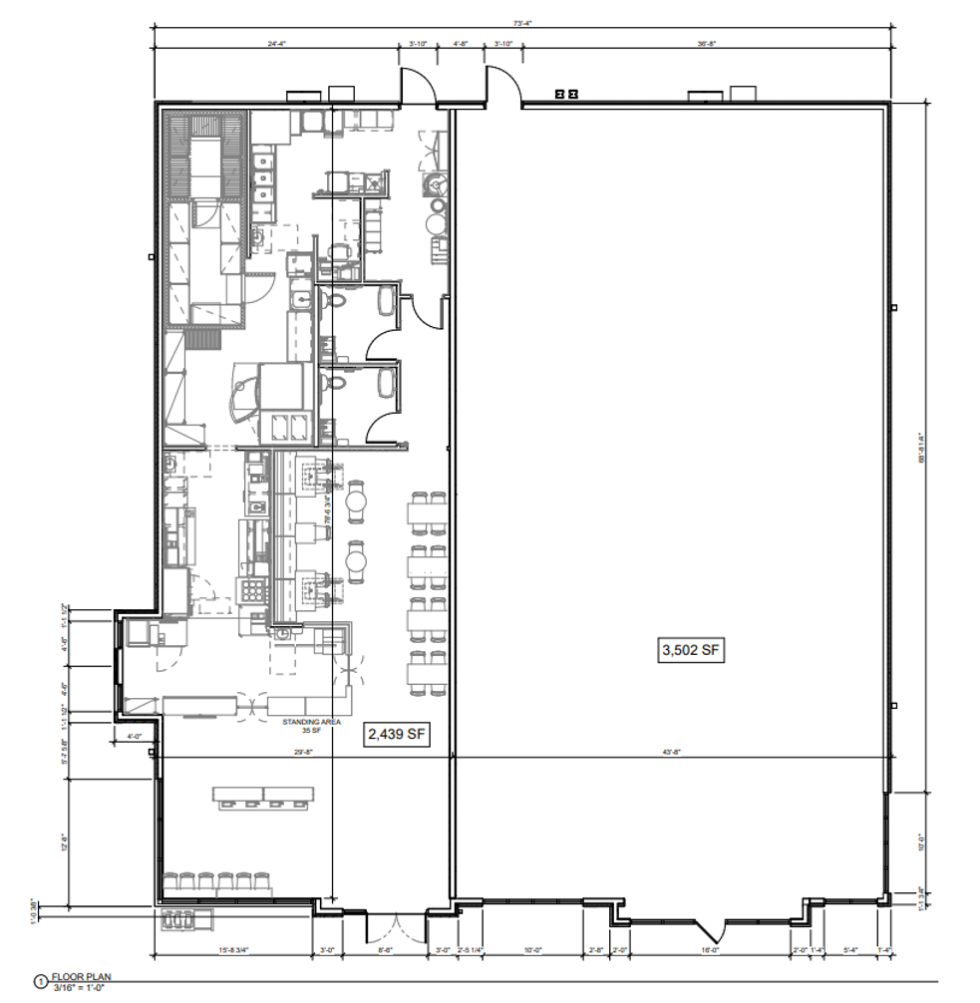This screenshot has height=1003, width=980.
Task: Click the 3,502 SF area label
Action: (690, 651)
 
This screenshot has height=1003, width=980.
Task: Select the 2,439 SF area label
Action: (398, 735)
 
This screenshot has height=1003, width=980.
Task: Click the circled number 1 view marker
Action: (41, 982)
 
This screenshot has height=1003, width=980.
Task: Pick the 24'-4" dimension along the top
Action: (277, 44)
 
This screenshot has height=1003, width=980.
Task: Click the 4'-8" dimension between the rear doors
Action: (461, 44)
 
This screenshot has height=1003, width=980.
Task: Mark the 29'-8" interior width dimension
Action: (303, 753)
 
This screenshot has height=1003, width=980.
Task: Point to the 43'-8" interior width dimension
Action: (669, 753)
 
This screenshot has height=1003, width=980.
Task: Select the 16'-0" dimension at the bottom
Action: (710, 950)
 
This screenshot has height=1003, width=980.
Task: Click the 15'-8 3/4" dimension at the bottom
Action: (234, 950)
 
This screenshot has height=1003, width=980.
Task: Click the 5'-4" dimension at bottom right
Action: (849, 950)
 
